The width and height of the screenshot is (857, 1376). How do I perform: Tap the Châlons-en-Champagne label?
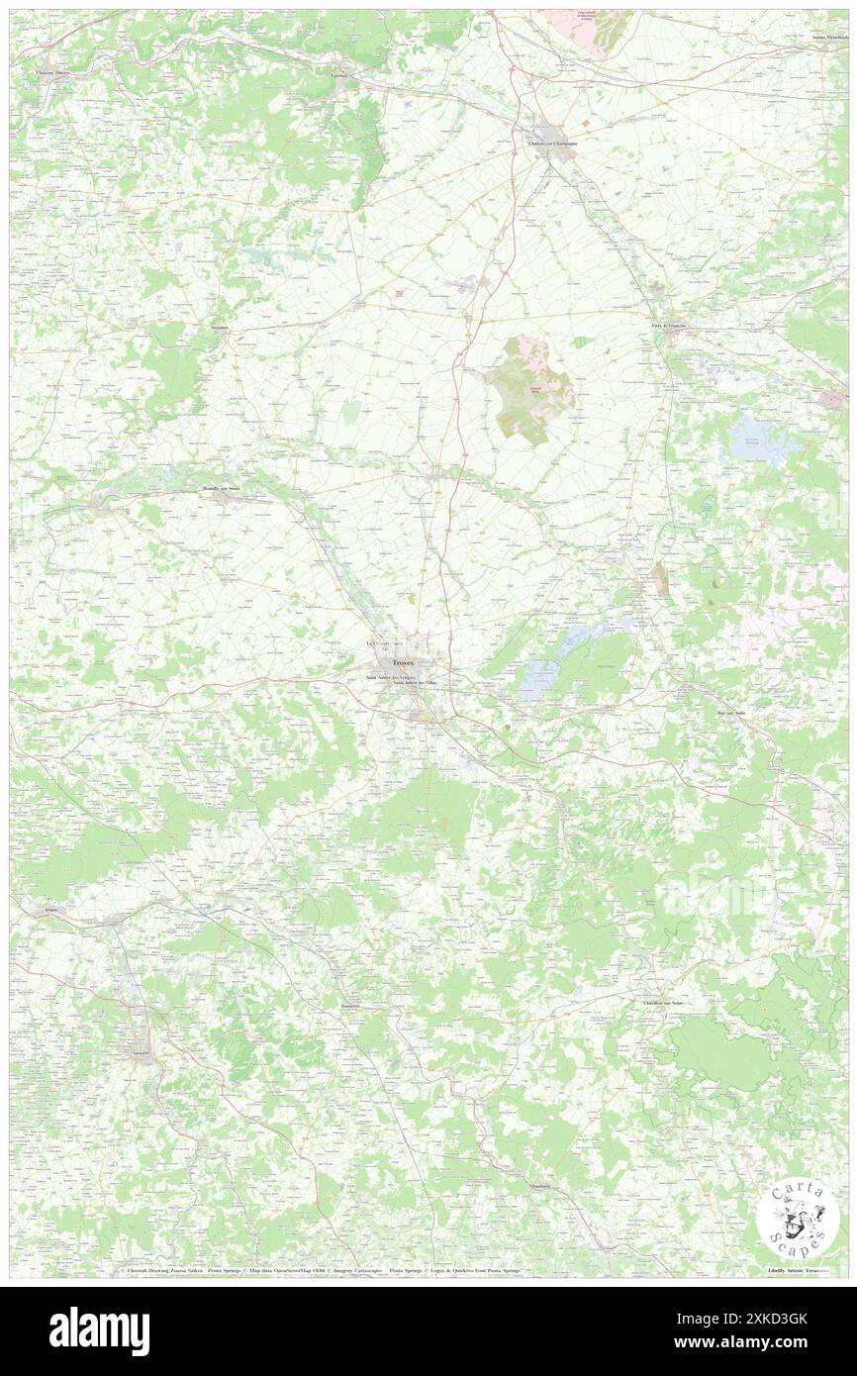click(550, 143)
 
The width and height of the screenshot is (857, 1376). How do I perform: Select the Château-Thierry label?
click(56, 70)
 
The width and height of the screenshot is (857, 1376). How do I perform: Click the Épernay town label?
click(339, 76)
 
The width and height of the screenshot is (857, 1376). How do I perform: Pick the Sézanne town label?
click(219, 327)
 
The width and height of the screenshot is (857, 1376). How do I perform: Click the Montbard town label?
click(539, 1185)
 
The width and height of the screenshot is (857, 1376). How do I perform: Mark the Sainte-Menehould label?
click(829, 38)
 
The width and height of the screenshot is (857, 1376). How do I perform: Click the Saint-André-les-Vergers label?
click(386, 678)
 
